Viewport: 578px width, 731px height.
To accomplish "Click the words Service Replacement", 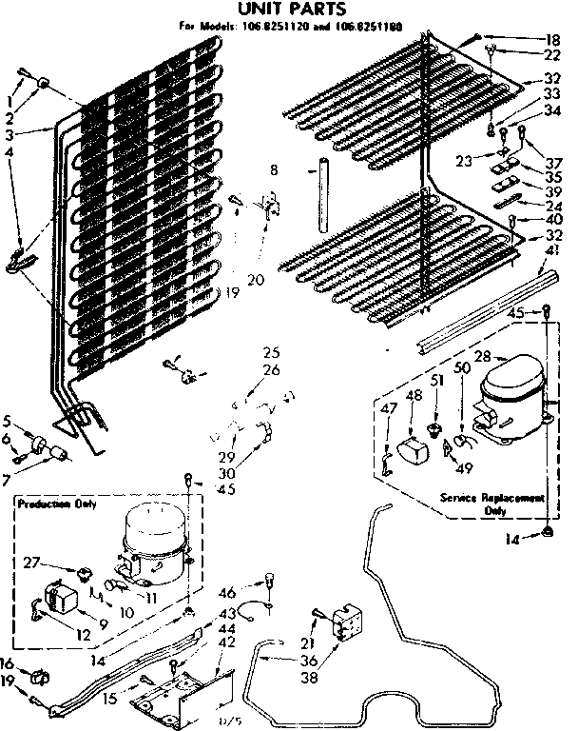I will (491, 498).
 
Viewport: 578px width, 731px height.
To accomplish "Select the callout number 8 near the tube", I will (275, 171).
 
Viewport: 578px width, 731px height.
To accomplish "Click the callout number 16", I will (8, 662).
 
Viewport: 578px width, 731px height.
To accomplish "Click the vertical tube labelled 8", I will (322, 194).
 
